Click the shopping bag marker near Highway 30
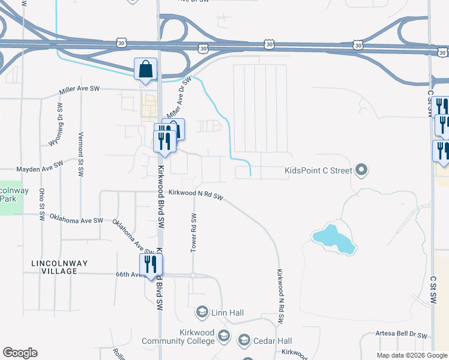146,69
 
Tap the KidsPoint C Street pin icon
361,171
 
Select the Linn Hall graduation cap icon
202,312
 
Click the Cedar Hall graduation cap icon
244,341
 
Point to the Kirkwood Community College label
178,337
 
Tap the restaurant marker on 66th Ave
150,264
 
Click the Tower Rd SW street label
193,233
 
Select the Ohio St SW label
42,205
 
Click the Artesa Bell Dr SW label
401,335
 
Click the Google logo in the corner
20,353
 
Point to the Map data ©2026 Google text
411,355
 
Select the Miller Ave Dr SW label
179,98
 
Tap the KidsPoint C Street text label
318,171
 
